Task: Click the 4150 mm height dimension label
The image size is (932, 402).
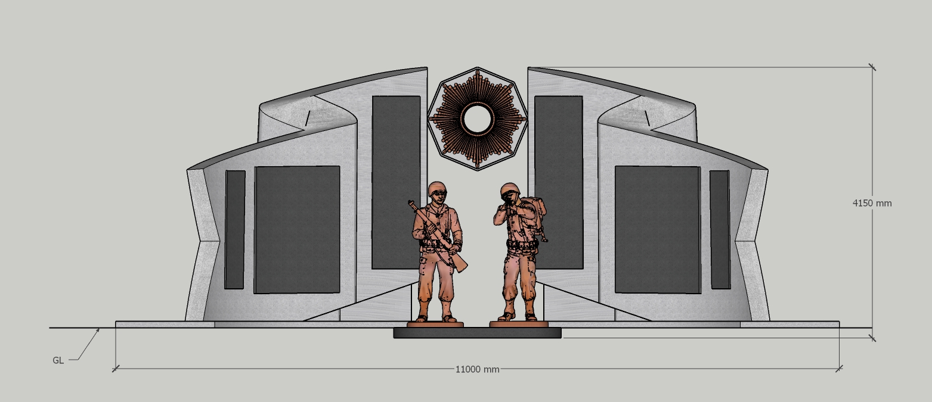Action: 872,203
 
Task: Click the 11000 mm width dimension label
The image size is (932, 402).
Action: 477,369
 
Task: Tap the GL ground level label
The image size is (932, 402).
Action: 58,360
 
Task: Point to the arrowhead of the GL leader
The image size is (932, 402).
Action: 98,330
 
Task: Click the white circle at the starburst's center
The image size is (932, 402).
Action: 477,119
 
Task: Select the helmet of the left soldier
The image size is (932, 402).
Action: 437,188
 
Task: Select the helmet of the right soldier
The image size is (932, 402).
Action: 510,189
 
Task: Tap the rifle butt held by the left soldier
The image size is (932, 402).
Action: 460,265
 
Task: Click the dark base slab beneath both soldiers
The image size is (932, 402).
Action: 477,332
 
